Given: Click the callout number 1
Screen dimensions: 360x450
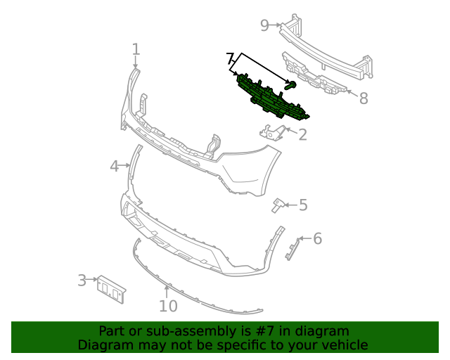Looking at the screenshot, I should click(136, 49).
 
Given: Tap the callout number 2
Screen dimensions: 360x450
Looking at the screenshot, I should click(303, 134).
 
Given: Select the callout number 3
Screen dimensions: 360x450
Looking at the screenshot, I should click(82, 281).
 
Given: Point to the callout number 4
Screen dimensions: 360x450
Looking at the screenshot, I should click(115, 166).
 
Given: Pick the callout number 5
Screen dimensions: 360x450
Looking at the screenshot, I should click(303, 205).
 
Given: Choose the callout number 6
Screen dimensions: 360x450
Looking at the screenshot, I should click(317, 239).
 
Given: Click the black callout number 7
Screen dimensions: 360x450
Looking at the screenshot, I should click(230, 58).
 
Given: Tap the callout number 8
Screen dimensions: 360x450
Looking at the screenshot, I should click(364, 98).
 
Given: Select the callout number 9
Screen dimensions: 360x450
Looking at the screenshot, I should click(265, 26).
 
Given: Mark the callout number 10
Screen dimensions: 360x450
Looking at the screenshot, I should click(168, 306).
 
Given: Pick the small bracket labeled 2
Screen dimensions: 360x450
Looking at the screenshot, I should click(271, 131).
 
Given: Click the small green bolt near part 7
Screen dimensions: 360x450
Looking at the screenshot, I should click(291, 86).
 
